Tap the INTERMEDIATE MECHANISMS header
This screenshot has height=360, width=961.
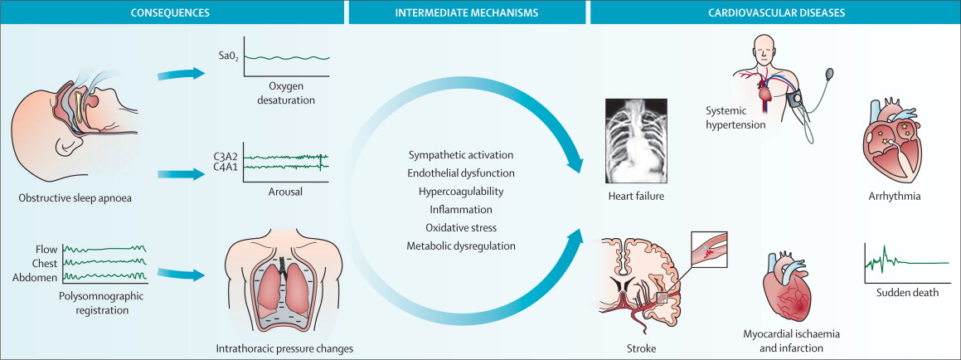[466, 12]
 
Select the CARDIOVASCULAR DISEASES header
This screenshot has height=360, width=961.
[774, 12]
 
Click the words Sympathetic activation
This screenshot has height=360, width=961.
[461, 155]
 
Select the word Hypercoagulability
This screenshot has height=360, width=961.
[461, 192]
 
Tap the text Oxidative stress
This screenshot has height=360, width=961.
[461, 227]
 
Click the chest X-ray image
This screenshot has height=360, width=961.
[636, 140]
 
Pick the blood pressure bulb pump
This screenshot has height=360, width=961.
[831, 75]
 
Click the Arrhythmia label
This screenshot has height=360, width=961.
[894, 197]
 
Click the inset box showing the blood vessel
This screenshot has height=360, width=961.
[708, 251]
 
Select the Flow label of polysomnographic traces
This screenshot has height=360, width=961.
[46, 250]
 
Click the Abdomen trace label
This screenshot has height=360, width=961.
[35, 278]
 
